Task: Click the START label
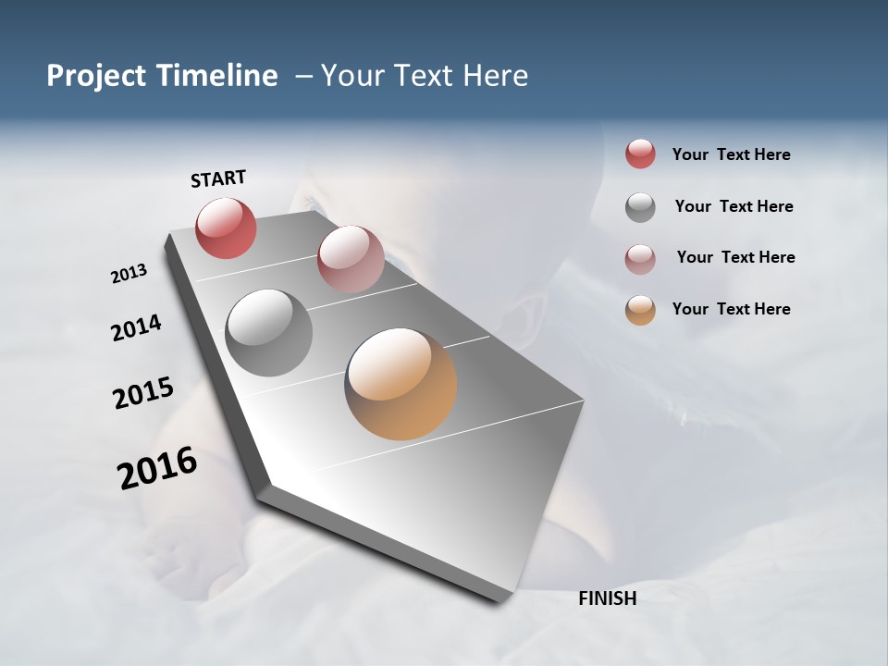coord(218,179)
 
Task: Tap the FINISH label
coord(607,598)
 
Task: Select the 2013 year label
coord(129,274)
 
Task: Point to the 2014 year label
coord(137,327)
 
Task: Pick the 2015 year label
coord(143,393)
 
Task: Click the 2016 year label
coord(157,467)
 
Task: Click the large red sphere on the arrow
coord(226,228)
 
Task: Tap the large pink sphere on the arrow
coord(351,259)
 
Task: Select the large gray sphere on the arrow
coord(269,333)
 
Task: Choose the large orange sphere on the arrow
coord(401,384)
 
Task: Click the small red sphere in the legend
coord(640,154)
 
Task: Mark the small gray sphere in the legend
coord(640,207)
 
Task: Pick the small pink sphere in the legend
coord(640,259)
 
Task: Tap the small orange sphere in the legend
coord(640,310)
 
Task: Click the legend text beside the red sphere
coord(731,154)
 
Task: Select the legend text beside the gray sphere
coord(734,206)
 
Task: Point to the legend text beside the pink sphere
coord(735,257)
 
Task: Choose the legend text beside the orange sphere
coord(731,309)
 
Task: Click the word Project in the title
coord(96,76)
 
